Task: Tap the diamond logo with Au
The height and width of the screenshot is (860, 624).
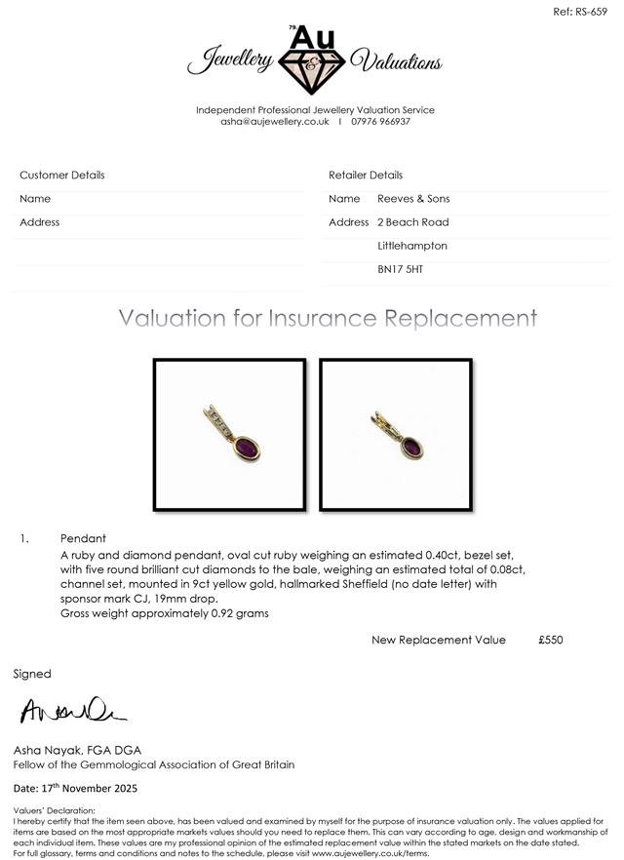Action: click(312, 60)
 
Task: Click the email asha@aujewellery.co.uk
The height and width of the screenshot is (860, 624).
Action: click(275, 121)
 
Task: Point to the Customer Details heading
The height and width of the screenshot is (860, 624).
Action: click(62, 176)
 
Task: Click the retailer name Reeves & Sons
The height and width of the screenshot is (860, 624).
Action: click(413, 199)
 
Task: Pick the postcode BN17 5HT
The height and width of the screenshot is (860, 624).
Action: click(401, 269)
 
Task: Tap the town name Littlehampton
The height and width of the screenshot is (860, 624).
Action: click(412, 246)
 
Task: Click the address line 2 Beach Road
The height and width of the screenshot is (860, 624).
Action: click(413, 222)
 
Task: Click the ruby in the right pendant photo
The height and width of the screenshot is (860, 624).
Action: click(410, 448)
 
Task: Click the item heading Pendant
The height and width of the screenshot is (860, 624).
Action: click(83, 538)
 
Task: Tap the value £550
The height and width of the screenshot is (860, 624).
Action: click(550, 640)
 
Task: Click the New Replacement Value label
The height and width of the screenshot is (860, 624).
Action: click(439, 640)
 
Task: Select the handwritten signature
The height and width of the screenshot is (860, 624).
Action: click(72, 712)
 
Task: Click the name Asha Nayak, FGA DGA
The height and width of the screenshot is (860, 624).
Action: click(77, 750)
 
